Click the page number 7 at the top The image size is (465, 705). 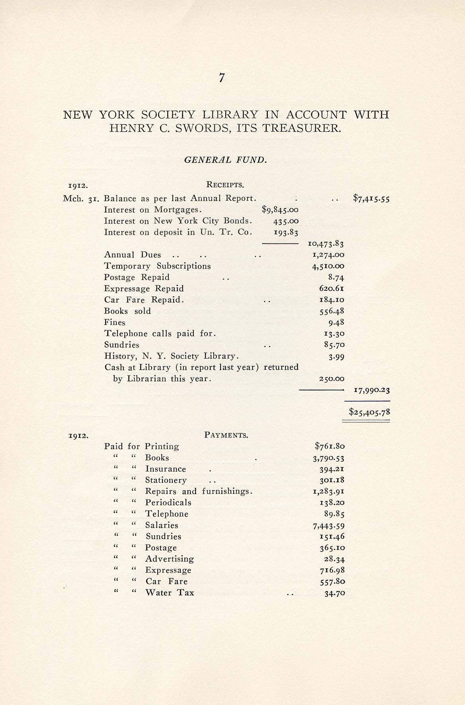click(222, 78)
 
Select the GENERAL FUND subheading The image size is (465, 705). click(225, 160)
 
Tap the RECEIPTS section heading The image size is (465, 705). click(225, 185)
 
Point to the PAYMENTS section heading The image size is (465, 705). click(226, 435)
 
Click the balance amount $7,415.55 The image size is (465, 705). click(371, 198)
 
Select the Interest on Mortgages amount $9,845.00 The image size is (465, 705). click(280, 210)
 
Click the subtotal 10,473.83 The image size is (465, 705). click(326, 243)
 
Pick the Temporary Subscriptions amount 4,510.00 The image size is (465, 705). click(328, 266)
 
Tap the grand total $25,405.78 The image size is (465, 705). click(369, 412)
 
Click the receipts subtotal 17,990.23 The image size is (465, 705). click(371, 390)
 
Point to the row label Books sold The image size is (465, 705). click(127, 311)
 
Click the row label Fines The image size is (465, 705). click(115, 322)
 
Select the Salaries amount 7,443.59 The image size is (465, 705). click(328, 525)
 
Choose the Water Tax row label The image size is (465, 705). click(170, 593)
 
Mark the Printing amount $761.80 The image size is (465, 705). click(330, 446)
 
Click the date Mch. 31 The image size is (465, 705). click(81, 198)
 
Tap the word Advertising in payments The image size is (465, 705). click(169, 559)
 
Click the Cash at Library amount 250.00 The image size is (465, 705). click(332, 379)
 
